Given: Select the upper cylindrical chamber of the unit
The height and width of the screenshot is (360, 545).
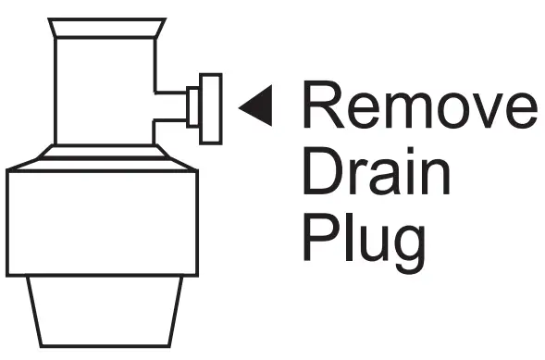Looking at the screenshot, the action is pos(102,93).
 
